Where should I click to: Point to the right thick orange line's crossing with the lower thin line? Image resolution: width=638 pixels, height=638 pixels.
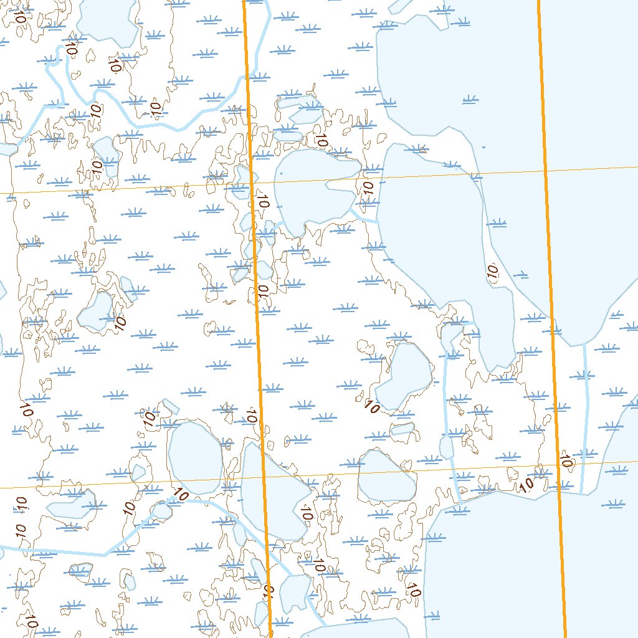point(558,465)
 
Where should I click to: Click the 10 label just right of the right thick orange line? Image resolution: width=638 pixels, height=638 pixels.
point(565,462)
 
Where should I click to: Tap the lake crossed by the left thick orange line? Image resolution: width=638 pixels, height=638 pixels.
point(274,492)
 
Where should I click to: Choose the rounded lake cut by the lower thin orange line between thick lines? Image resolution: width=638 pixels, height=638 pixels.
point(386,475)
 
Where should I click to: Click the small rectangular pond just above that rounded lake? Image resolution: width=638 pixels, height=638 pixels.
point(402,429)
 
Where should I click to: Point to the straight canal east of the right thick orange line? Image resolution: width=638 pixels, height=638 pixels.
point(584,417)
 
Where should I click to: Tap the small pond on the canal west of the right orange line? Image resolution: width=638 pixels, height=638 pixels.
point(446,447)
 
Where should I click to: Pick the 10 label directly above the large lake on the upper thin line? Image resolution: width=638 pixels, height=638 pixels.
point(321,140)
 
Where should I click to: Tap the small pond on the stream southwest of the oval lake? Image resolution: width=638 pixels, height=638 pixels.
point(161,511)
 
